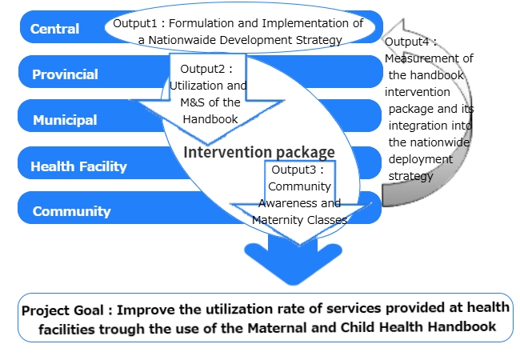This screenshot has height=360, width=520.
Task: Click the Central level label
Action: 54,30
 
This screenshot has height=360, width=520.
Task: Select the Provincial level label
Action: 65,75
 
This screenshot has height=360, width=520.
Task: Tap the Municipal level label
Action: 65,121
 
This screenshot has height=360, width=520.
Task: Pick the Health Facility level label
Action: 78,166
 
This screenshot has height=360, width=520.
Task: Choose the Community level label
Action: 71,212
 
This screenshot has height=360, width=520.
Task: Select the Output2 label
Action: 205,69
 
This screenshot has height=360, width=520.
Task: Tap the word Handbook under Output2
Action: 208,119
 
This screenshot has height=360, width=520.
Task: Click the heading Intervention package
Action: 259,152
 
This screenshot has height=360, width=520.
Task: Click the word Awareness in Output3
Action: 299,203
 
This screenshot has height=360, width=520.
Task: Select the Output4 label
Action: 409,42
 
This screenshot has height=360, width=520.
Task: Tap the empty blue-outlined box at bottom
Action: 265,318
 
